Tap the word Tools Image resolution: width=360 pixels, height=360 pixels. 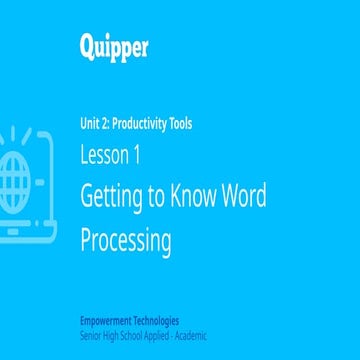[x=180, y=125]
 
